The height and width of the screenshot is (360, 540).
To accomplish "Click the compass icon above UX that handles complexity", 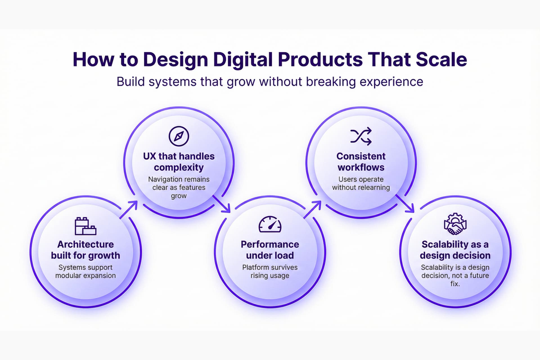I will click(179, 136).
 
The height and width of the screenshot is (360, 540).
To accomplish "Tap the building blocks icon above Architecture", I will click(85, 226).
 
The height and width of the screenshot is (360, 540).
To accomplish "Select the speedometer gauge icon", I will click(270, 224).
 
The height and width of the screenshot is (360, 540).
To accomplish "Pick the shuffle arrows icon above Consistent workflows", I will click(361, 136).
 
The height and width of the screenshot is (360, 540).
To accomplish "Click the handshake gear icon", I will click(455, 224).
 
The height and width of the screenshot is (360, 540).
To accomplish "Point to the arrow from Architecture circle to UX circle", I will click(129, 210).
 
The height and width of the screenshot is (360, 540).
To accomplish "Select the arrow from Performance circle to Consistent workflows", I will click(312, 210).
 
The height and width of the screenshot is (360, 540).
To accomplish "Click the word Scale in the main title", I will click(441, 59).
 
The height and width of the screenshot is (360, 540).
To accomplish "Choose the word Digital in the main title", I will click(243, 59).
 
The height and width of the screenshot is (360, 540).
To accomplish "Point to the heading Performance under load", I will click(270, 250).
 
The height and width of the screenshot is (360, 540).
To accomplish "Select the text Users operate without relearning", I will click(361, 183).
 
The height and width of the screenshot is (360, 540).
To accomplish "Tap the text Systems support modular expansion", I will click(85, 271).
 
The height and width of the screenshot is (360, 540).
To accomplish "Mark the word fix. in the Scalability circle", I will click(455, 284).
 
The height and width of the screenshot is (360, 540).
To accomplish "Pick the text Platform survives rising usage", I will click(270, 271).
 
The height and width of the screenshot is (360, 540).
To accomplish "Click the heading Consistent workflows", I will click(361, 162).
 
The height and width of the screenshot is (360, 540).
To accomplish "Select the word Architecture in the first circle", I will click(85, 244).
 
